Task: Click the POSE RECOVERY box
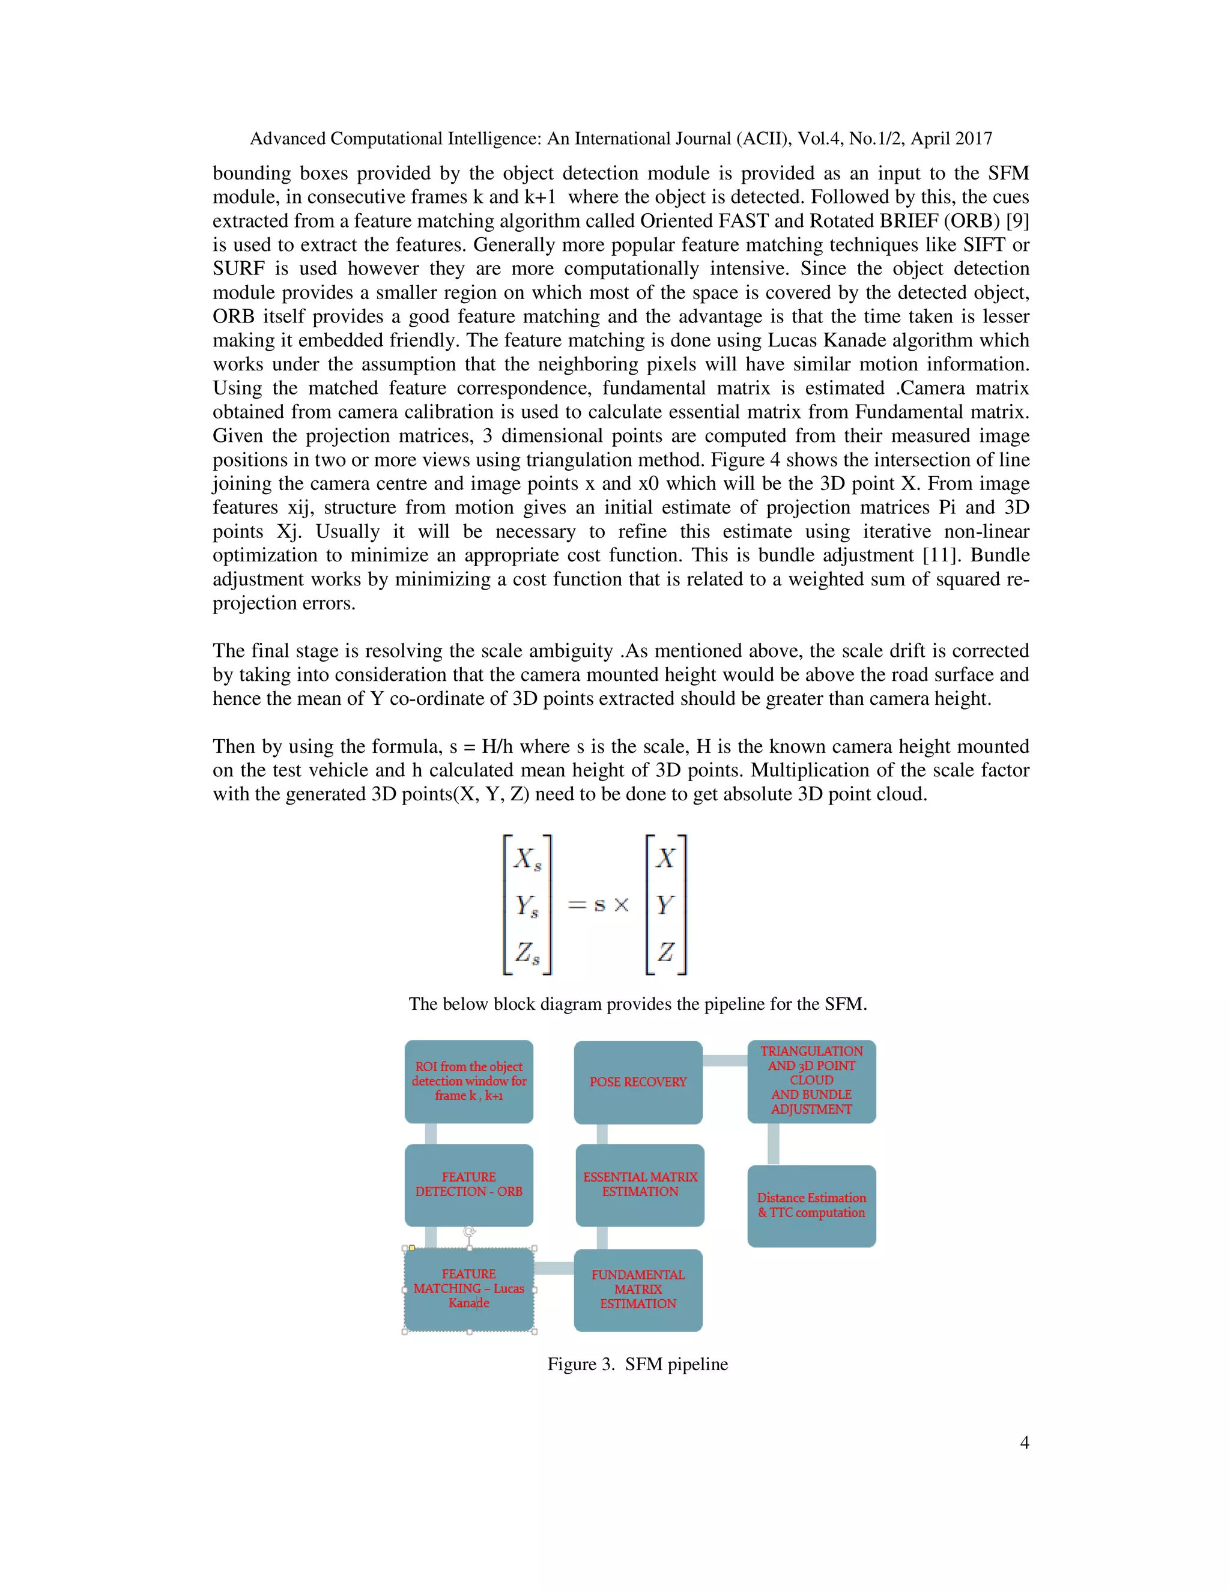[x=638, y=1082]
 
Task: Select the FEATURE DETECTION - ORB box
[x=468, y=1185]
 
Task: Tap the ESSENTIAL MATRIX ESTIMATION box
[x=640, y=1185]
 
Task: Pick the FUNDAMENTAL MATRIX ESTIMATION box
[x=638, y=1290]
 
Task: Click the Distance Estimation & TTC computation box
[x=811, y=1206]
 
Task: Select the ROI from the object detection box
[x=468, y=1081]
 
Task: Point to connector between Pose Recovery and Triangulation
[x=725, y=1061]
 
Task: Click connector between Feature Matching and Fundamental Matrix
[x=554, y=1268]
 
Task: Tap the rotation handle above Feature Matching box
[x=469, y=1231]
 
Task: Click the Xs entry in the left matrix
[x=527, y=860]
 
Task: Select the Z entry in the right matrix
[x=665, y=952]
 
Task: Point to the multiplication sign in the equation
[x=621, y=905]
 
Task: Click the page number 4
[x=1024, y=1442]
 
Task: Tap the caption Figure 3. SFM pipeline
[x=638, y=1363]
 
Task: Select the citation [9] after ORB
[x=1017, y=221]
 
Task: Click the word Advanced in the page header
[x=287, y=139]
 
